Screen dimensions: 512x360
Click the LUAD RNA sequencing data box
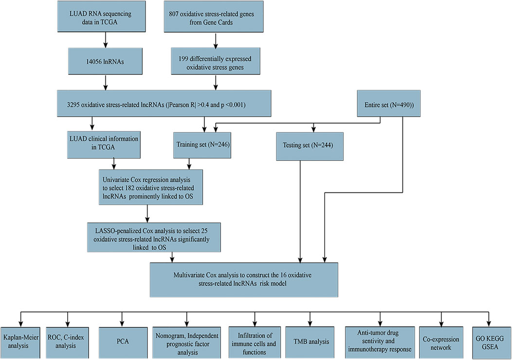101,16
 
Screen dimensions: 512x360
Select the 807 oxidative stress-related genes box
214,17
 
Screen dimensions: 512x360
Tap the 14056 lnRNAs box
105,61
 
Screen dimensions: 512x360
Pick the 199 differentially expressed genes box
216,61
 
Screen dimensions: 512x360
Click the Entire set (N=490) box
388,104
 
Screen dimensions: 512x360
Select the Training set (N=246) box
202,145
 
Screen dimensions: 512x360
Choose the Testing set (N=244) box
310,146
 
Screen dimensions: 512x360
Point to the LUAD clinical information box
104,145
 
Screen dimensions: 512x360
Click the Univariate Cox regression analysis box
151,187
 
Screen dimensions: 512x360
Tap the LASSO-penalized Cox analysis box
154,237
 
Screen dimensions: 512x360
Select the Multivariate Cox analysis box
244,280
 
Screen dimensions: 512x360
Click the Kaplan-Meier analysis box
20,342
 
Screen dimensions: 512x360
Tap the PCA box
123,342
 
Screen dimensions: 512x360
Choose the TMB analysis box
310,342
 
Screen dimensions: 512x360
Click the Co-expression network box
441,342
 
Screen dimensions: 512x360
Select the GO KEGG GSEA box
490,342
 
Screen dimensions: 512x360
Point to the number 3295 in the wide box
73,105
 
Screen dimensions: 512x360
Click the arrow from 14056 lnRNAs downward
105,82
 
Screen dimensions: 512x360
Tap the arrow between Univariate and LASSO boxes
147,214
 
